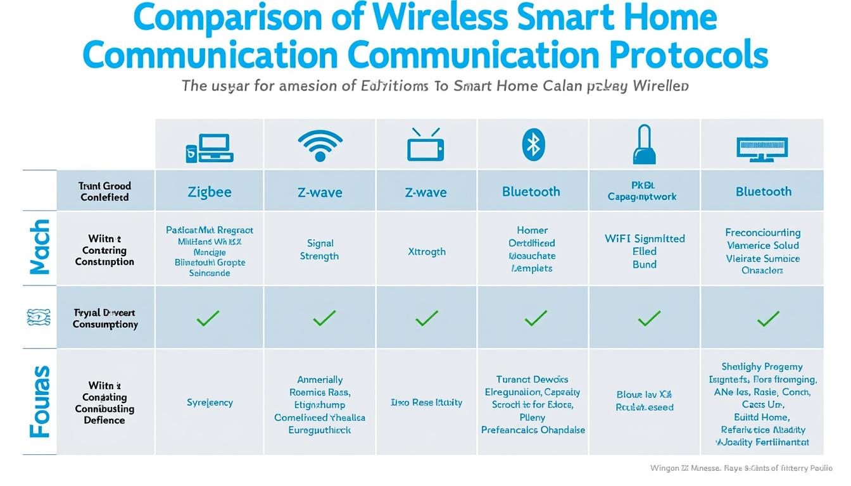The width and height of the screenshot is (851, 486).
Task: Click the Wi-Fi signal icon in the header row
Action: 320,146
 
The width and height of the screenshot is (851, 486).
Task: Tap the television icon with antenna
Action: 425,145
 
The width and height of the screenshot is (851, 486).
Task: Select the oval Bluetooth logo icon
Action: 533,144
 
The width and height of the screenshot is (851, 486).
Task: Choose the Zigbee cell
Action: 210,192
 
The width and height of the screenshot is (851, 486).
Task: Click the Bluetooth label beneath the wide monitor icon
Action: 763,192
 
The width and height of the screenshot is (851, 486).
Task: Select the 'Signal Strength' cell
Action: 319,249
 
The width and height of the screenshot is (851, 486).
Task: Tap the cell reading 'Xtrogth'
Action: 426,251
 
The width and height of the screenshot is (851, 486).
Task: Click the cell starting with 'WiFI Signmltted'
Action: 645,251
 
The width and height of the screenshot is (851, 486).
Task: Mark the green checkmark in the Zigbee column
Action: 208,318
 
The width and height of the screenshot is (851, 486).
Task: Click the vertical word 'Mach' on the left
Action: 40,247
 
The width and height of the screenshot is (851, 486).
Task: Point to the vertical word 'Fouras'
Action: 40,401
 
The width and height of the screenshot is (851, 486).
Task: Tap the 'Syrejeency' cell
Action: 210,402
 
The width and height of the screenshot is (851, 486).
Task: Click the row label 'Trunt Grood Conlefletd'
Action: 104,191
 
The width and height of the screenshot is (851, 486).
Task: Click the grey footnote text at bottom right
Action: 741,468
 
